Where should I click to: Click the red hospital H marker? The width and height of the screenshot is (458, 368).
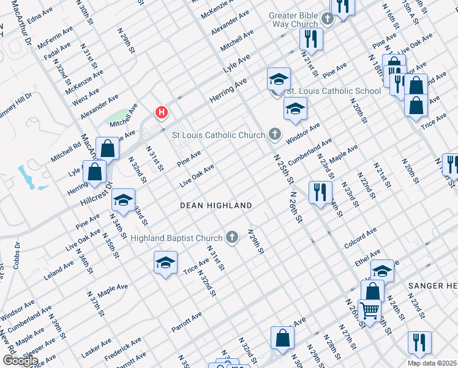coord(162,113)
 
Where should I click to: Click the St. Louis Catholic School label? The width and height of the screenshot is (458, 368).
coord(334,91)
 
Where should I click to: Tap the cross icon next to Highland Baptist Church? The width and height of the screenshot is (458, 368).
coord(232,237)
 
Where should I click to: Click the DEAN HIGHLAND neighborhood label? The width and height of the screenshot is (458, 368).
coord(216,205)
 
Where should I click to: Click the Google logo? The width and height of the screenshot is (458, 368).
coord(20,361)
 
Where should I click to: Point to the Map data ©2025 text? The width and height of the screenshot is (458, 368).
coord(432,363)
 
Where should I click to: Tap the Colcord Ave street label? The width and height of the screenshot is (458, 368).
coord(360,239)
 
